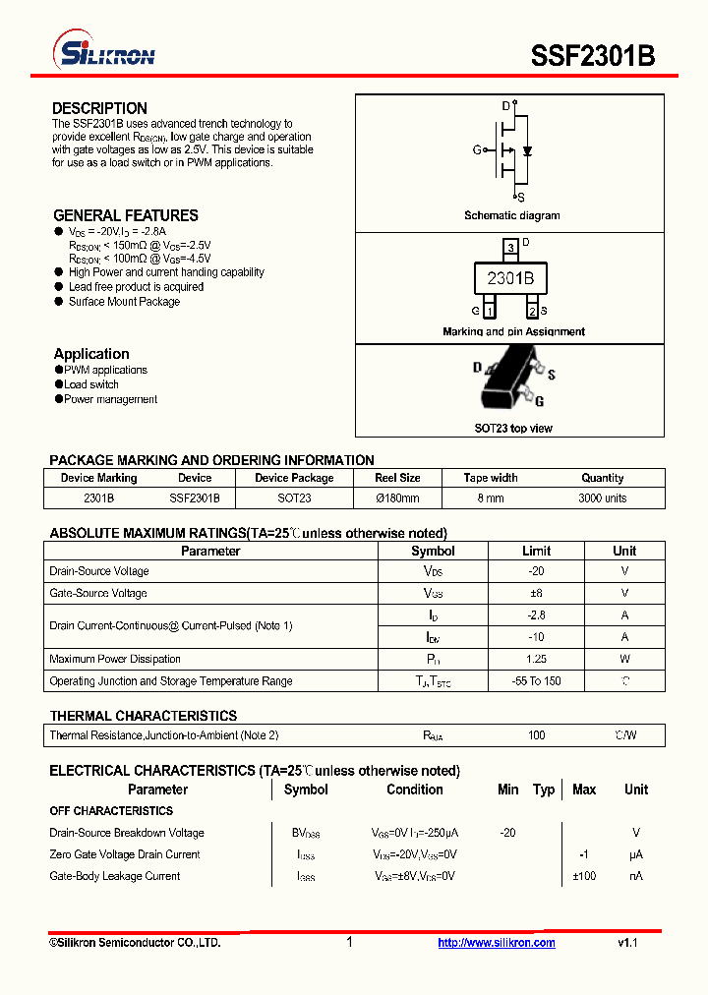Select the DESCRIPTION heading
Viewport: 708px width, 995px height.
[99, 108]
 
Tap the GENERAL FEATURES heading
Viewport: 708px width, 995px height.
[125, 215]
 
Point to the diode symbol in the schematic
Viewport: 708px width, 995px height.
[528, 150]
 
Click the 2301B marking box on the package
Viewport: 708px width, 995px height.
[510, 279]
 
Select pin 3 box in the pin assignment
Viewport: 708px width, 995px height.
[509, 247]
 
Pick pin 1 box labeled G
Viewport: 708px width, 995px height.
[489, 312]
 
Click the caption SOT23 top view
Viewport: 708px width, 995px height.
[513, 429]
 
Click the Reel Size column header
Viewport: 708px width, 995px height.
[397, 478]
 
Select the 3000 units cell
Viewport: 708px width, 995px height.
[602, 498]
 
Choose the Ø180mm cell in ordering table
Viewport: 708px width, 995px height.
[397, 498]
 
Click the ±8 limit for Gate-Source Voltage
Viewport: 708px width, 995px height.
[536, 593]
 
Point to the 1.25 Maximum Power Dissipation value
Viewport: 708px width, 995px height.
[536, 659]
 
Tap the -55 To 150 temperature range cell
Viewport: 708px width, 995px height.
[536, 681]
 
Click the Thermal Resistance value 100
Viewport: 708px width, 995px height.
[536, 735]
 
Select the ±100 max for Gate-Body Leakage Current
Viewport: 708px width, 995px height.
[584, 876]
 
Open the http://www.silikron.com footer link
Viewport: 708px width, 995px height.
[497, 943]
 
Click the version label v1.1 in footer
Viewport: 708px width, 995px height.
[628, 943]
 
